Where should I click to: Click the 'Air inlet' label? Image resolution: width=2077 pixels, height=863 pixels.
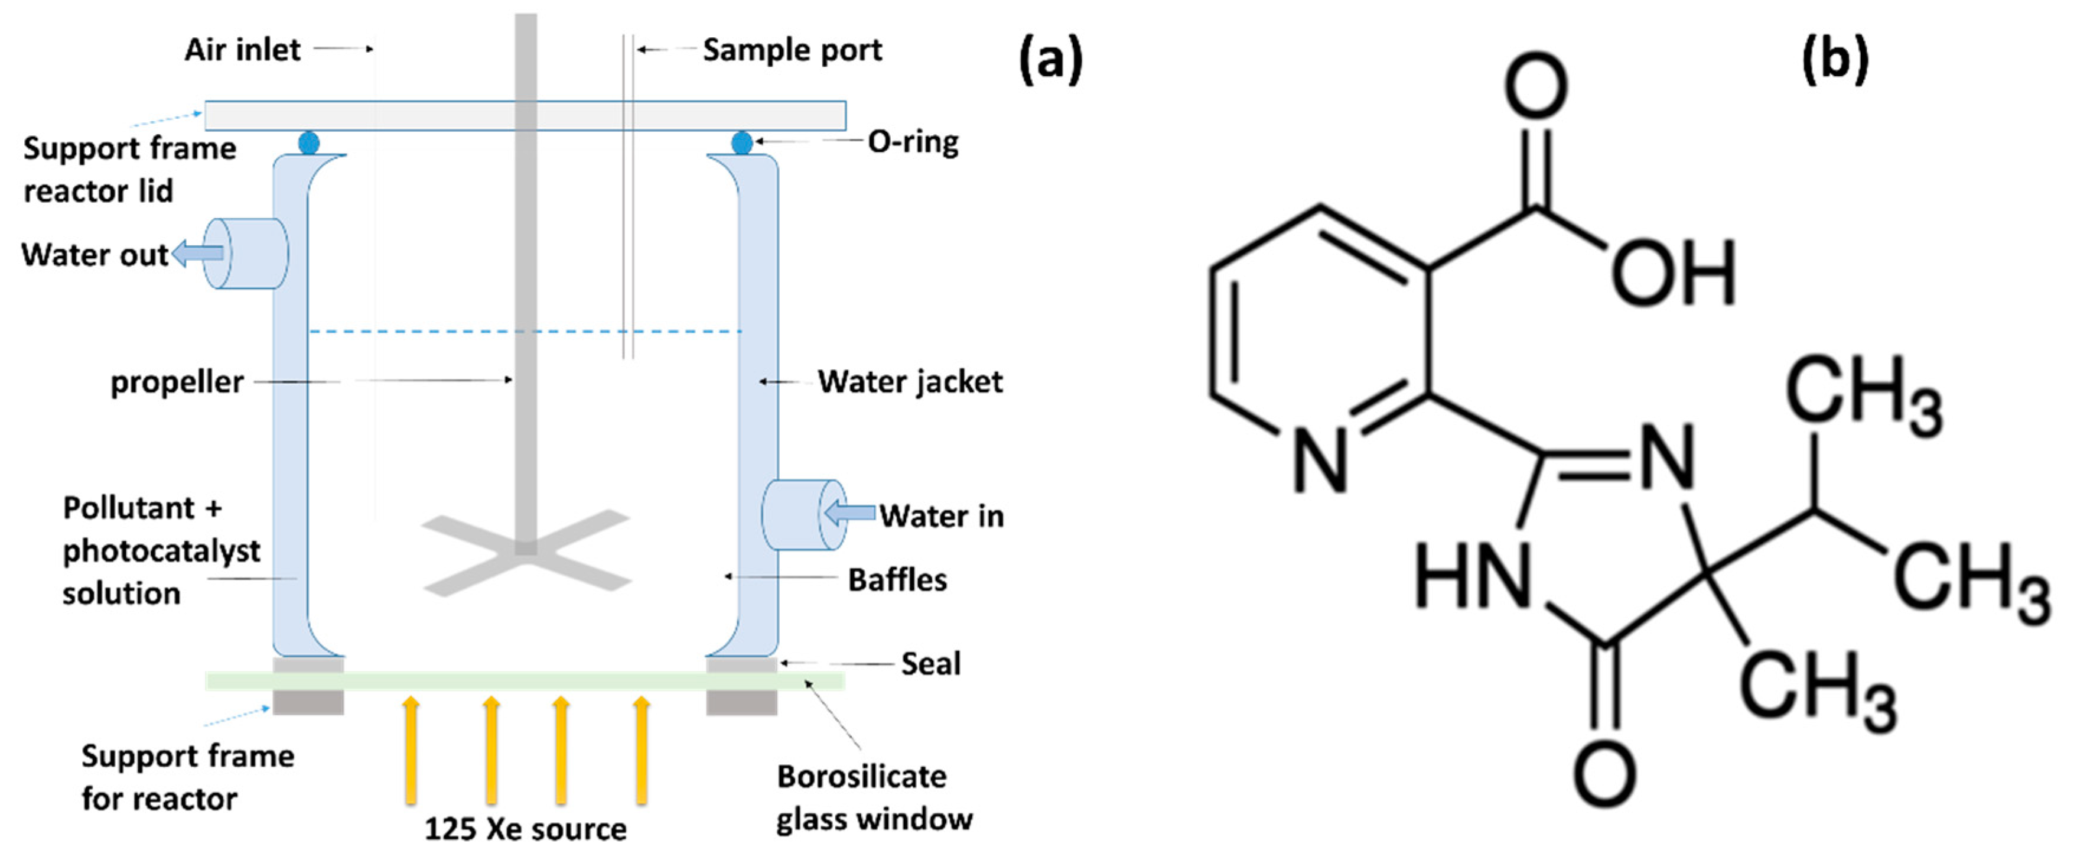point(242,50)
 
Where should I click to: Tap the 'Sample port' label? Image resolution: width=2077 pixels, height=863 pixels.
point(792,50)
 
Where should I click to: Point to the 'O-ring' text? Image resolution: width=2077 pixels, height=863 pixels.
point(913,142)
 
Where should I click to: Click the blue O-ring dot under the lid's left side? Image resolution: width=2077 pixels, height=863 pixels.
point(309,144)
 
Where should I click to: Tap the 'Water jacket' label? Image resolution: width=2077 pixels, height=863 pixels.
point(910,381)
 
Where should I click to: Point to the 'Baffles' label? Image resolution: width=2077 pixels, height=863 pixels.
point(897,579)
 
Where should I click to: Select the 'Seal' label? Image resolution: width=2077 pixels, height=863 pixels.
point(930,664)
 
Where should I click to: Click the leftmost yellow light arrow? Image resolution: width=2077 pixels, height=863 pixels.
point(411,750)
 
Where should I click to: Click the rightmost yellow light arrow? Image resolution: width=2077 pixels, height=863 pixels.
point(642,750)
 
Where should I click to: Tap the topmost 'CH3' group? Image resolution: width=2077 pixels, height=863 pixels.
point(1863,394)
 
